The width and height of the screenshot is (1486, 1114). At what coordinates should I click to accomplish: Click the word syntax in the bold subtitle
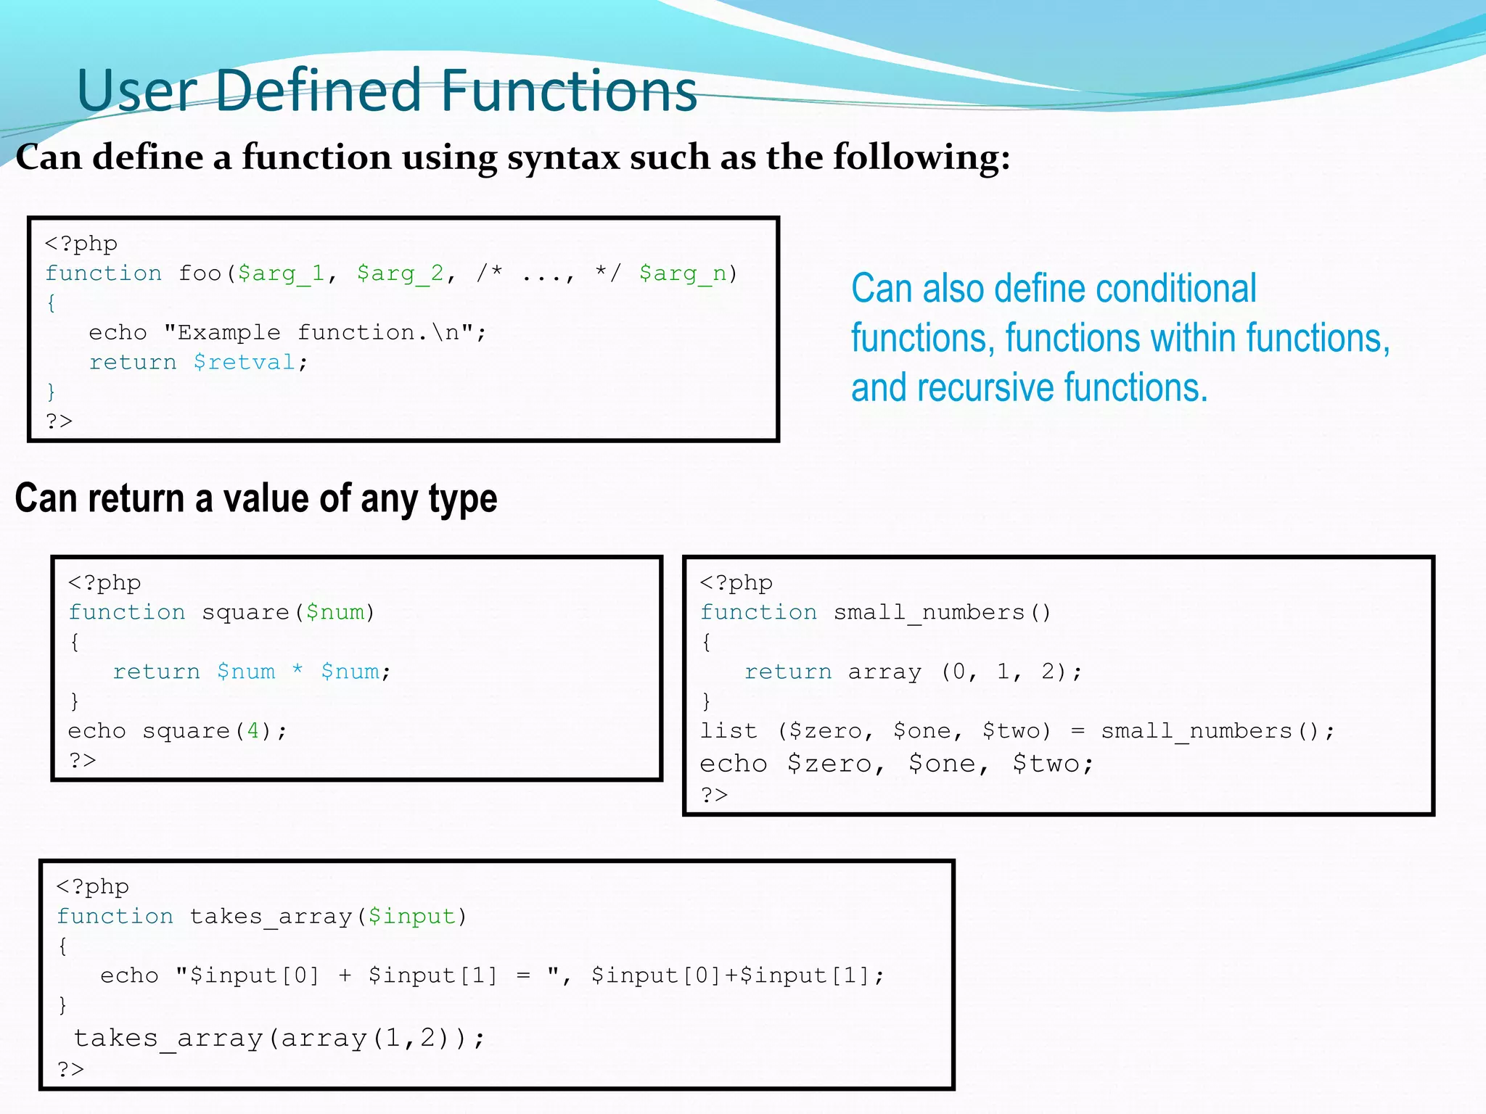[x=563, y=157]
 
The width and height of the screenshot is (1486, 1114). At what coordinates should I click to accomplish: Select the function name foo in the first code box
[x=200, y=273]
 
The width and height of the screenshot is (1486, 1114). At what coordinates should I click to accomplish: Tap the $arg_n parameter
[x=683, y=273]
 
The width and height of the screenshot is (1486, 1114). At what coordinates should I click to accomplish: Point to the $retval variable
[x=245, y=362]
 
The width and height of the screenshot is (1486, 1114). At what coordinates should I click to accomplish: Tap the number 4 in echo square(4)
[x=253, y=730]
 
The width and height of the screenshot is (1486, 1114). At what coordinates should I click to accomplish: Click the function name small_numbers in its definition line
[x=929, y=613]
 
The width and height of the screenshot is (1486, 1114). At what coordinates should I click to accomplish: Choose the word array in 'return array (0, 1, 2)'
[x=884, y=672]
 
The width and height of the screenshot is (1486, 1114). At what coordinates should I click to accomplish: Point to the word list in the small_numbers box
[x=728, y=731]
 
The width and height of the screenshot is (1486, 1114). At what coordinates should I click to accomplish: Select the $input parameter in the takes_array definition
[x=411, y=917]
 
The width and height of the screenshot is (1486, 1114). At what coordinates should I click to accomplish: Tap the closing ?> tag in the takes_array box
[x=70, y=1069]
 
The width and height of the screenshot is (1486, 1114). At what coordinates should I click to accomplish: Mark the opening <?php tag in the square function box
[x=104, y=583]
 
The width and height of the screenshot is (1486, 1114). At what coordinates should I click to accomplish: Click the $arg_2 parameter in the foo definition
[x=400, y=273]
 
